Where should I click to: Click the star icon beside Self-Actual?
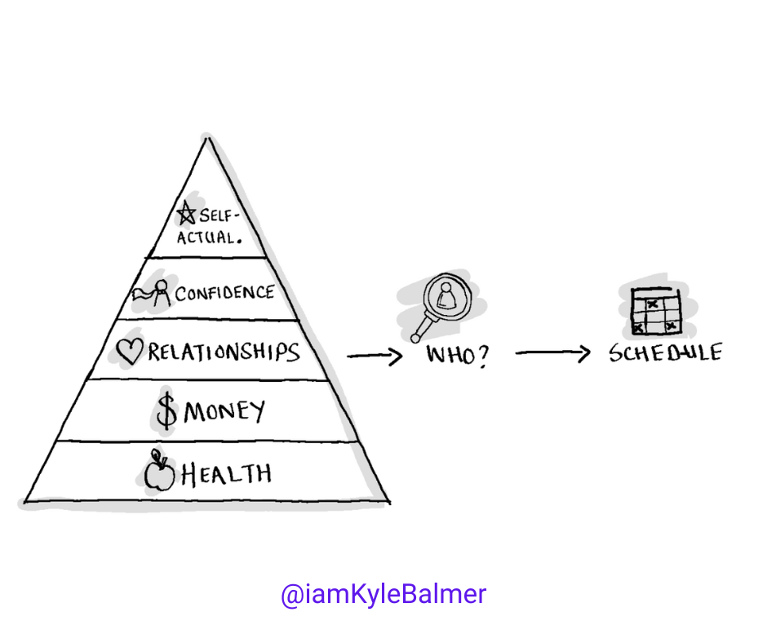tap(187, 215)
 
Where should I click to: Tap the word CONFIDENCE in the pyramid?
tap(224, 292)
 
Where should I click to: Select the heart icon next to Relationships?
tap(129, 352)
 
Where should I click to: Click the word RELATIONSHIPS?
tap(224, 352)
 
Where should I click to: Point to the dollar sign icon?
tap(166, 413)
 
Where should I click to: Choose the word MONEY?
tap(224, 411)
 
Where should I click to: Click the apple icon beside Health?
tap(159, 474)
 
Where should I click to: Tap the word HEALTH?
tap(226, 473)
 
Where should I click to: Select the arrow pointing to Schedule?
tap(553, 353)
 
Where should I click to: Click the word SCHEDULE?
tap(665, 354)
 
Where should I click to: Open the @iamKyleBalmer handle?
tap(383, 594)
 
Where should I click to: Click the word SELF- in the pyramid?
tap(217, 217)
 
